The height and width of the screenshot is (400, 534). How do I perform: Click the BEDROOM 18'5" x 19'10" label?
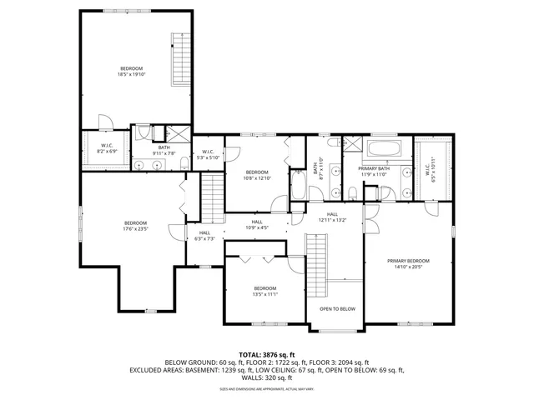[x=131, y=71]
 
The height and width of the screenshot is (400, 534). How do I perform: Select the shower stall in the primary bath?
[x=352, y=146]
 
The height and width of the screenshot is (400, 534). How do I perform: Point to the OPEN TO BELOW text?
[x=337, y=309]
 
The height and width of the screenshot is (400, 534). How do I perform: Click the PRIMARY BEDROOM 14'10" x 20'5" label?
[x=406, y=264]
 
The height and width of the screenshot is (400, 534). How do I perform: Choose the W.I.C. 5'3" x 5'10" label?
[x=208, y=154]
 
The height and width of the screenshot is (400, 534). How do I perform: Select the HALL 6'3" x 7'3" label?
[x=204, y=236]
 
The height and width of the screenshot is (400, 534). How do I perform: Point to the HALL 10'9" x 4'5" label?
[x=257, y=224]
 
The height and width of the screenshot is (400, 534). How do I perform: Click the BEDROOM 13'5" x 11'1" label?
[x=265, y=292]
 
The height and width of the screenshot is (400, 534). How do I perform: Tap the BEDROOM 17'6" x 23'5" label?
[x=135, y=226]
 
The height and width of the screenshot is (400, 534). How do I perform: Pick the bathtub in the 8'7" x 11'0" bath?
[x=298, y=184]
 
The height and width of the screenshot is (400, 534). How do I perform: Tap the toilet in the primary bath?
[x=353, y=193]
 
